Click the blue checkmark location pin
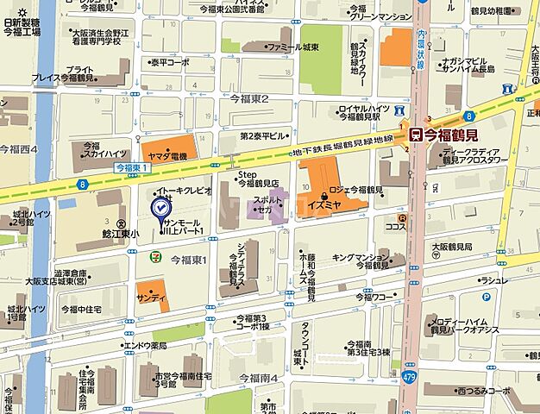[x=160, y=209]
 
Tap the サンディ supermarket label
[x=153, y=297]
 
